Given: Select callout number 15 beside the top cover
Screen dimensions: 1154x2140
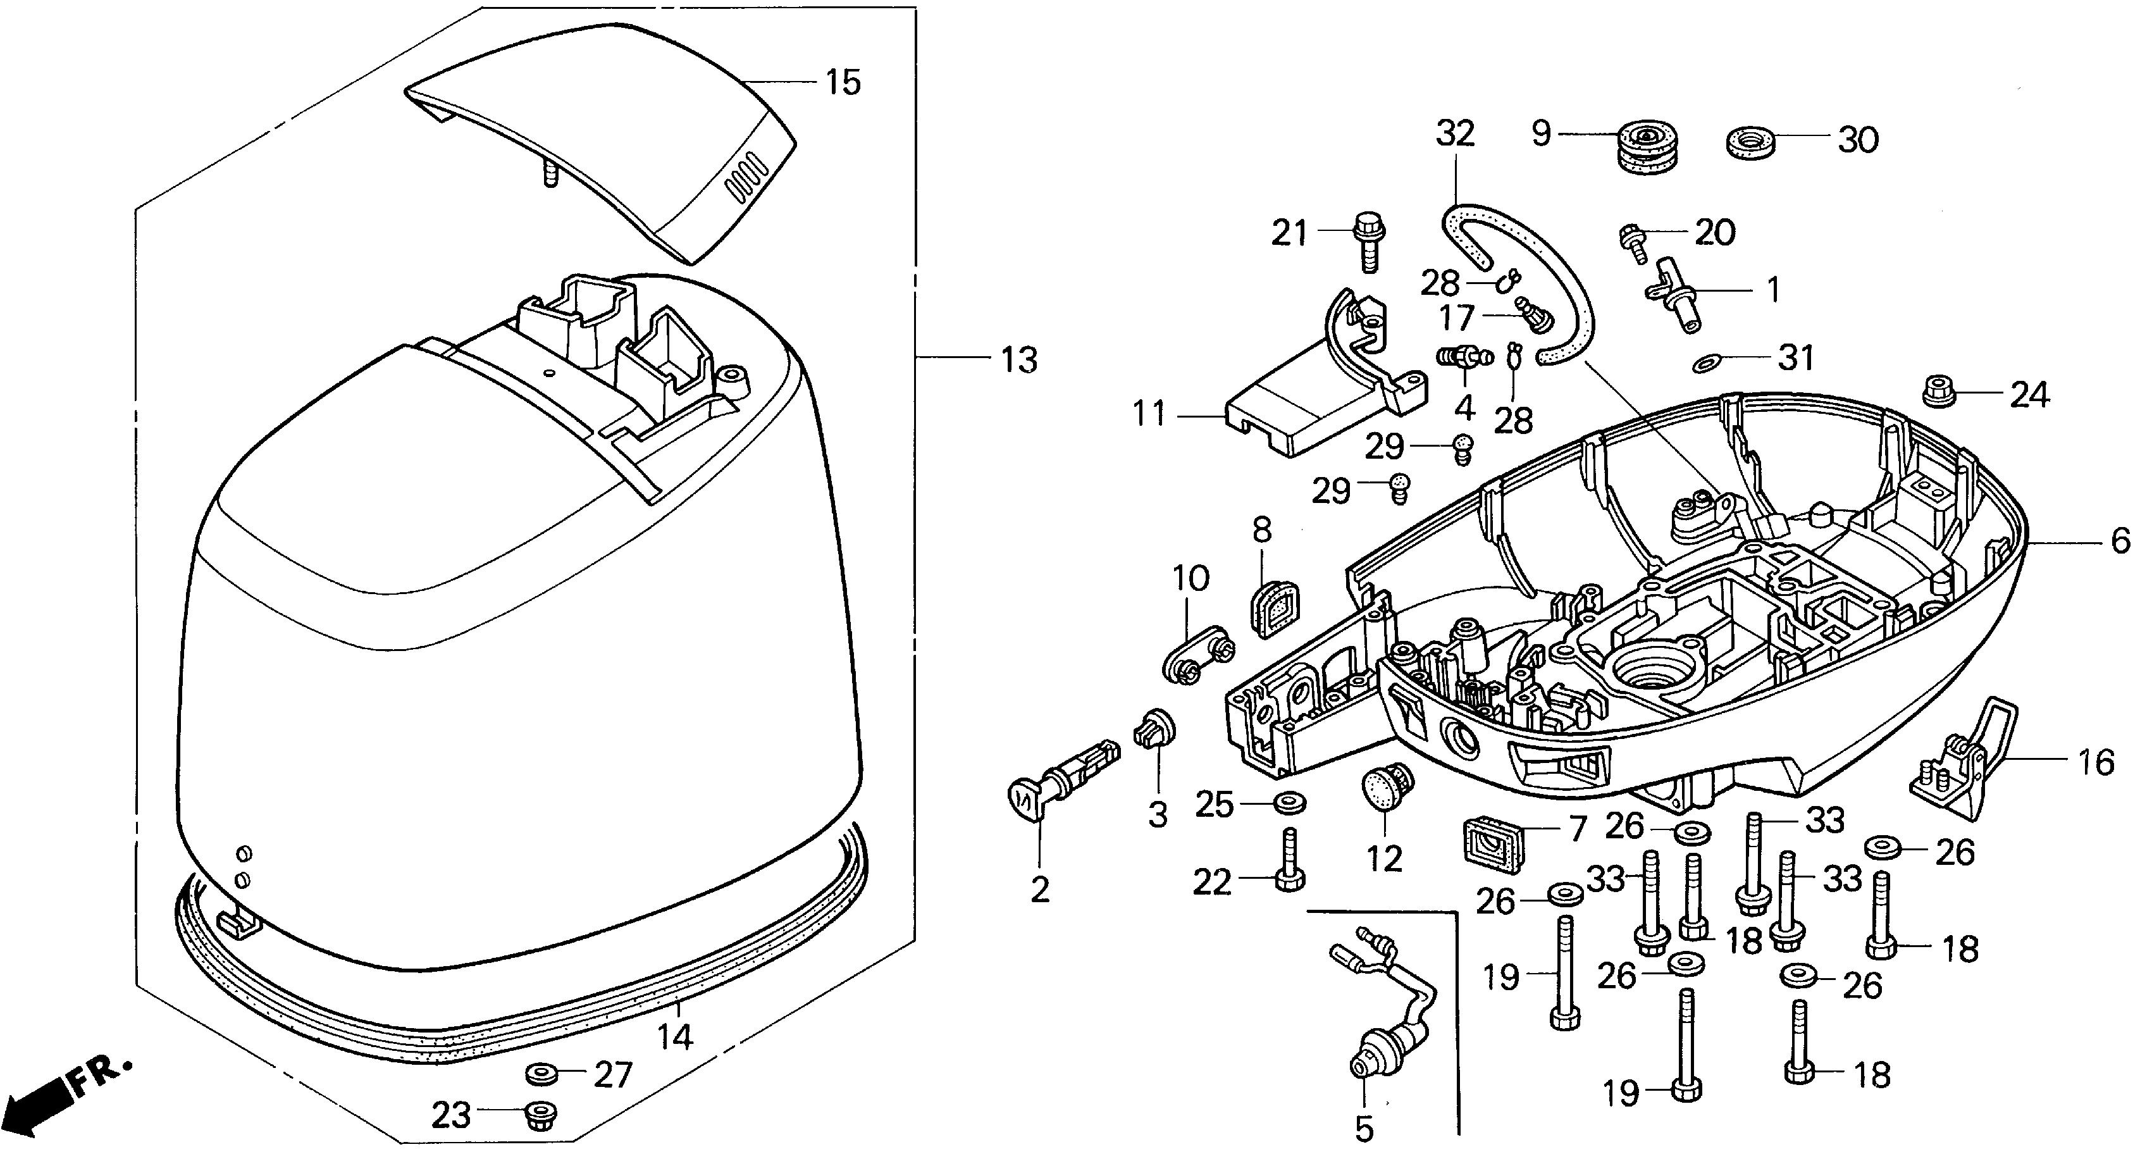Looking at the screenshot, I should click(843, 83).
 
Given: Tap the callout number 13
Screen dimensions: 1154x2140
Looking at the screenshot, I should click(1018, 360).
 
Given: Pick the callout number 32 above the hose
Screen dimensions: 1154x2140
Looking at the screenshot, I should click(1456, 133).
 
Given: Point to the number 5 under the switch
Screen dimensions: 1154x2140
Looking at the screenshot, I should click(1364, 1128).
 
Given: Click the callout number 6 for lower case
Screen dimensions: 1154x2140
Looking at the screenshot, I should click(2119, 541).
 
